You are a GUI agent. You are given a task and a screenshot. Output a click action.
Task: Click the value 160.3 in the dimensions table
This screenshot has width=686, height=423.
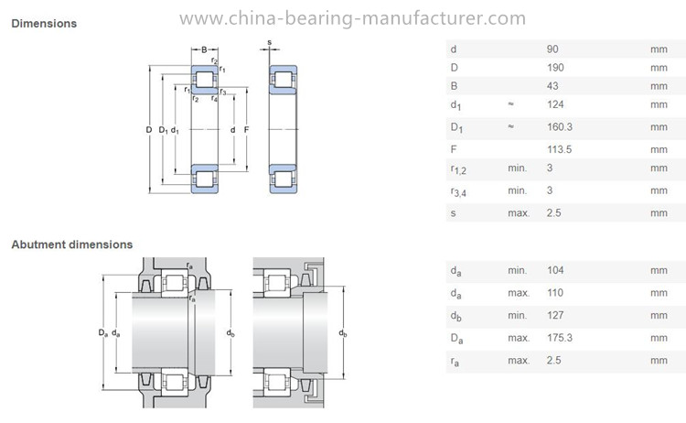tap(560, 127)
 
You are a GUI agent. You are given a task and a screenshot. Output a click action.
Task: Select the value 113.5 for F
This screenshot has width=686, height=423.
tap(559, 149)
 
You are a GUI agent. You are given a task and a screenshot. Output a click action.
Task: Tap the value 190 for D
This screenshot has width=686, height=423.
tap(555, 68)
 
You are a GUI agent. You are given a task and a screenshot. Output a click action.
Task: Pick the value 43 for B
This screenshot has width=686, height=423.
tap(552, 86)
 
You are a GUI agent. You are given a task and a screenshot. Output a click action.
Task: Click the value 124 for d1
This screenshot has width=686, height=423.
tap(555, 104)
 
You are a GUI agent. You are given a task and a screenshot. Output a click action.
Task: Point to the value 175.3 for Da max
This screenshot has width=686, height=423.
tap(560, 338)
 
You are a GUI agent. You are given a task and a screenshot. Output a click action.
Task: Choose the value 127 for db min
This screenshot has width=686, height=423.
tap(555, 315)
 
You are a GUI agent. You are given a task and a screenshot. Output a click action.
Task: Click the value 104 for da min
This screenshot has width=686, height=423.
tap(555, 270)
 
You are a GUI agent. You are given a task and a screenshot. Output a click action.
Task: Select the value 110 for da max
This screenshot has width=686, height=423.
tap(555, 292)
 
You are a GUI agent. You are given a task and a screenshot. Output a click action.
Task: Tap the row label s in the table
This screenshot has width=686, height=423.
tap(454, 213)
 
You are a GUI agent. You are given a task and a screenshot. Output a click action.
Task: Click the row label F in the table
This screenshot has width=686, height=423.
tap(454, 149)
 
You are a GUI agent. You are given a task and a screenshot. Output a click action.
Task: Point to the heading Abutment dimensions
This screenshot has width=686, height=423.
tap(71, 244)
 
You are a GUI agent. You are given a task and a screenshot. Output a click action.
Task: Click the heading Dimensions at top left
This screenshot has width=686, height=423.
tap(44, 23)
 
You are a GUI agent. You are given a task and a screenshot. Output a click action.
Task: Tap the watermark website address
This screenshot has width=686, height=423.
tap(352, 18)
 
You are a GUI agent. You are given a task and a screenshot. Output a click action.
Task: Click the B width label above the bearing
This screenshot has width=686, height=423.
tap(204, 49)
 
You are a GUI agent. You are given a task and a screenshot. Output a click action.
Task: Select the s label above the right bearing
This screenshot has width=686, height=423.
tap(270, 42)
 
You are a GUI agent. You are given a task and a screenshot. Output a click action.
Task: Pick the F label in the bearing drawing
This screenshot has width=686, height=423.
tap(246, 130)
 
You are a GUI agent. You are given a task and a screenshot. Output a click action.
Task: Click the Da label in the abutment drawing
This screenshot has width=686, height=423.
tap(102, 332)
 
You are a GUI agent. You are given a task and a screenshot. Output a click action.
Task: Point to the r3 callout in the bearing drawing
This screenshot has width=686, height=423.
tap(223, 92)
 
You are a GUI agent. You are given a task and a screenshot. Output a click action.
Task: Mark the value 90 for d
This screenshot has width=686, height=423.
tap(552, 49)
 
